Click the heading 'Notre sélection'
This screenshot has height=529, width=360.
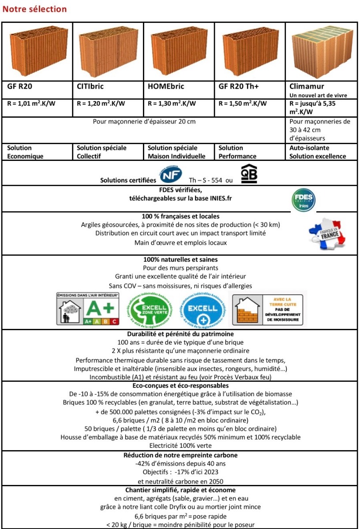pyautogui.click(x=34, y=9)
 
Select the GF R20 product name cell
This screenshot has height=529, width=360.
pyautogui.click(x=20, y=86)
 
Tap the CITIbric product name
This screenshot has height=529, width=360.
pyautogui.click(x=90, y=86)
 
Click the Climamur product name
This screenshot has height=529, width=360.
pyautogui.click(x=307, y=86)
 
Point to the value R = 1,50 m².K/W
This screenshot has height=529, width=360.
pyautogui.click(x=243, y=104)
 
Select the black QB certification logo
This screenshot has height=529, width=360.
pyautogui.click(x=249, y=173)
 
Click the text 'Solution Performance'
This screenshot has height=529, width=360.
pyautogui.click(x=237, y=152)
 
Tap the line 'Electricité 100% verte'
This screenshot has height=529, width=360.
pyautogui.click(x=180, y=446)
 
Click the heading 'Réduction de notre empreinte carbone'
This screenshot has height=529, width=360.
pyautogui.click(x=180, y=455)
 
